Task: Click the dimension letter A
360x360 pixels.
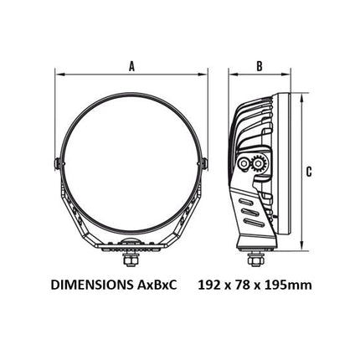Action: (131, 66)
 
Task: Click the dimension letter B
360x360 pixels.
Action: (260, 66)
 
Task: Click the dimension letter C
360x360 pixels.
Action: (309, 172)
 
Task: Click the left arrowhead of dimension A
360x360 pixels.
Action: (59, 75)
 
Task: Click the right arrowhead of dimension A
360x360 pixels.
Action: (203, 75)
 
